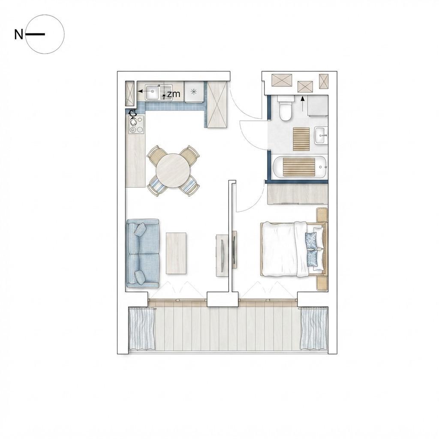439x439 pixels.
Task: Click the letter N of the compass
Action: click(18, 35)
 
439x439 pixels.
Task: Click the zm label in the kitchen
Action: click(174, 94)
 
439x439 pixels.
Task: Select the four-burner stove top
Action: click(136, 125)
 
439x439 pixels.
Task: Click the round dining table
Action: click(173, 171)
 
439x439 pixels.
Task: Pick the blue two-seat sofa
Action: click(143, 254)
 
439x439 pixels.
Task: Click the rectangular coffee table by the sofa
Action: click(176, 253)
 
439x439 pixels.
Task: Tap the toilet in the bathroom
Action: click(286, 108)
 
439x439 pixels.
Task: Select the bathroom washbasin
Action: click(321, 135)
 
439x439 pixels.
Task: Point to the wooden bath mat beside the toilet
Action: click(301, 138)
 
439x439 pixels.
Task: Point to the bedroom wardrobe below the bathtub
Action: click(298, 194)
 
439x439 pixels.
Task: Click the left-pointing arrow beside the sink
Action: click(144, 91)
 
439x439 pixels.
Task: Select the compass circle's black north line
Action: click(35, 34)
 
